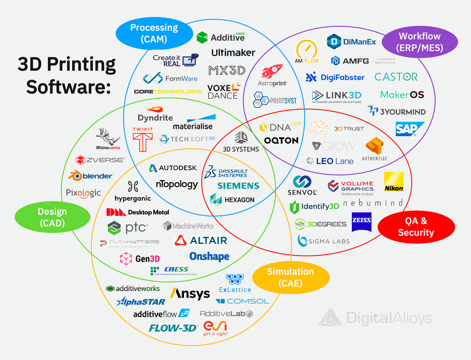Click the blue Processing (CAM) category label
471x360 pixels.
(x=154, y=34)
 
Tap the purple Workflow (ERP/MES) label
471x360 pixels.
(x=419, y=41)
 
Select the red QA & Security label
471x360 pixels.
(x=416, y=227)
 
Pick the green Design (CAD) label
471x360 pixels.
(x=52, y=217)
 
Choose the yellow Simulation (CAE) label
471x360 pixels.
(x=291, y=277)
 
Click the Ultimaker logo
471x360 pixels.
(x=233, y=52)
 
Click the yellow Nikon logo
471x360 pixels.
(x=394, y=182)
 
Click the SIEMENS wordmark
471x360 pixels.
(x=238, y=186)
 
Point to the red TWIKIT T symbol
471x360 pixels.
(x=143, y=138)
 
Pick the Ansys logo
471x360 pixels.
(x=190, y=293)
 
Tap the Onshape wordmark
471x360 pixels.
(x=209, y=256)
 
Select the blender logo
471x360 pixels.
(x=91, y=176)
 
